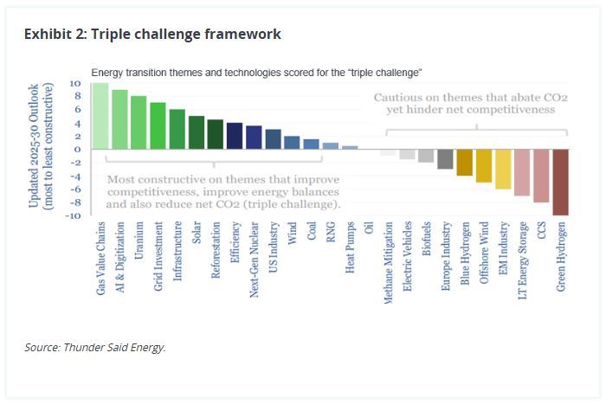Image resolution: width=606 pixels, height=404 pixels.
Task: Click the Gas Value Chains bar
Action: pos(100,116)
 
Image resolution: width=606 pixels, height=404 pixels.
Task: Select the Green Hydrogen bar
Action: pos(560,182)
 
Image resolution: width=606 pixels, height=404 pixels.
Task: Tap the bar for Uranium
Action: pos(139,123)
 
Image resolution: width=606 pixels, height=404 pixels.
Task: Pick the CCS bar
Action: pos(541,175)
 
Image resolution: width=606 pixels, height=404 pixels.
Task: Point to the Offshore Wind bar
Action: pos(484,165)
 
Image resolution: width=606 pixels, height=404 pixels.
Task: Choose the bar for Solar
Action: pos(197,132)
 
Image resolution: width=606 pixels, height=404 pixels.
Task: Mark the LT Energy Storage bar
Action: pos(522,172)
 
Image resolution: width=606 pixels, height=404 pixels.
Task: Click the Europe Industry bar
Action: pos(446,158)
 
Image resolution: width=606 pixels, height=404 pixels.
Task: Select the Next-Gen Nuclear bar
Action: pos(254,138)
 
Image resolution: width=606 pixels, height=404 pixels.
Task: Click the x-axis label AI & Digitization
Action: pos(120,258)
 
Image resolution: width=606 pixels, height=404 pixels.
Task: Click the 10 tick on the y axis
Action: pos(75,84)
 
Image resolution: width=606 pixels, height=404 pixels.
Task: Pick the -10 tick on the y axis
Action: pos(74,215)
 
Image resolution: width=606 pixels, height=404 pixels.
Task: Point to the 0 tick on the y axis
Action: pos(78,150)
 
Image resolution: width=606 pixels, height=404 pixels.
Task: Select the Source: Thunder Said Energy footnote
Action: pos(95,348)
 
